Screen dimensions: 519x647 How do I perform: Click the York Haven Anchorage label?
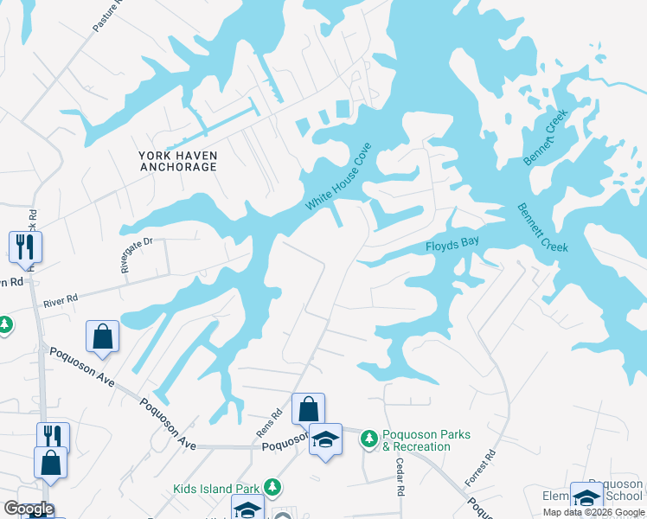click(177, 161)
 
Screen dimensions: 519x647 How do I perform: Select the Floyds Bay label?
click(452, 246)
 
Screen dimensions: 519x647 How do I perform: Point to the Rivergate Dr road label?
click(136, 256)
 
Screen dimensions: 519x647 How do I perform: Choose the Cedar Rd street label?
click(400, 477)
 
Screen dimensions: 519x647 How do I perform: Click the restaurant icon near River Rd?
click(25, 246)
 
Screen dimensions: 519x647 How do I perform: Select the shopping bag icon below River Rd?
click(102, 337)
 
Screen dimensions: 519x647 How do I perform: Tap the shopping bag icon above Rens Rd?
click(307, 408)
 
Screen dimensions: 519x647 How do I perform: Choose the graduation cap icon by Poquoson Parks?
click(325, 439)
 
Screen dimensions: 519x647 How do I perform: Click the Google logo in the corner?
click(29, 509)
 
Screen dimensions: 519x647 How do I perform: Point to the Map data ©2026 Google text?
click(593, 512)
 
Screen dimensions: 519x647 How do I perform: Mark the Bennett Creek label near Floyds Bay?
click(542, 227)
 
